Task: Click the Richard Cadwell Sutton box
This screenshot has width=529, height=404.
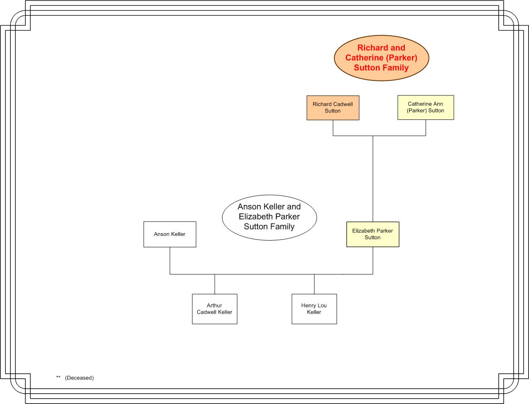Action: coord(333,108)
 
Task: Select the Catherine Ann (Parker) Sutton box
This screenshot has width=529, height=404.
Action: coord(426,107)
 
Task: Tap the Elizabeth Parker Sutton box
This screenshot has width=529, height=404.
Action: coord(372,234)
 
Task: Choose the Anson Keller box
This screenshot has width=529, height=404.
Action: coord(170,234)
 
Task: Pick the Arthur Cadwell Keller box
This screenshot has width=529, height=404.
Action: coord(215,309)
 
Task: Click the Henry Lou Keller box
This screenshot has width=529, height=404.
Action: coord(314,309)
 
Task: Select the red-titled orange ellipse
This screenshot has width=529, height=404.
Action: coord(381,58)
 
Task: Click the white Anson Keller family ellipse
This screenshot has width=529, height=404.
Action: coord(269,217)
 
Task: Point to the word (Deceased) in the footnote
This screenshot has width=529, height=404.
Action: coord(79,378)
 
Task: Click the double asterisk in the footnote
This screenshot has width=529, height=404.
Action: coord(58,377)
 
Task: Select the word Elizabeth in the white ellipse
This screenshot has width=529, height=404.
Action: coord(255,217)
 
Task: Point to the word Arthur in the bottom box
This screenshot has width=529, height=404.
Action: coord(214,306)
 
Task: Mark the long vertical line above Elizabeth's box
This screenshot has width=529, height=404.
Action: coord(373,179)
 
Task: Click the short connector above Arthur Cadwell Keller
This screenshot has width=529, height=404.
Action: coord(215,284)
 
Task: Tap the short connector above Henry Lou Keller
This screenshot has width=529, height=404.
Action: coord(314,284)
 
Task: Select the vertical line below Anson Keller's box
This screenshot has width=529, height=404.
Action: coord(170,261)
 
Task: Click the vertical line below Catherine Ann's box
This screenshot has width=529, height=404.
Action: coord(426,128)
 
